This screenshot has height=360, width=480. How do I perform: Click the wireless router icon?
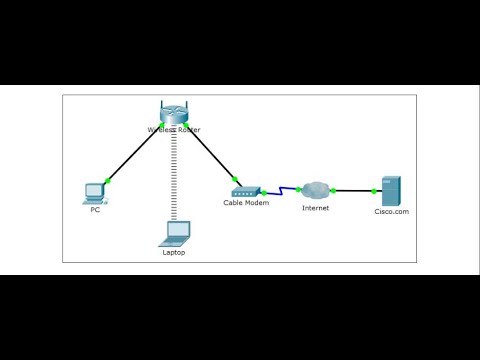173,113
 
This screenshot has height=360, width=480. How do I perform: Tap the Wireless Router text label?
173,129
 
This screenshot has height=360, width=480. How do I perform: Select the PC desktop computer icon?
95,190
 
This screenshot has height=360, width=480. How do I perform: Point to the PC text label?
95,210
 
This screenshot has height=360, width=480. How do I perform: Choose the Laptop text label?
174,252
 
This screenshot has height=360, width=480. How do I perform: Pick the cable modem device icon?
246,189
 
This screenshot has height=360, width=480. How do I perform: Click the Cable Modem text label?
246,203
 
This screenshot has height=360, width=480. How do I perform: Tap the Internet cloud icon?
316,189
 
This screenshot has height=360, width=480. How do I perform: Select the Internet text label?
316,208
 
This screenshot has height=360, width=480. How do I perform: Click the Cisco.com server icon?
390,190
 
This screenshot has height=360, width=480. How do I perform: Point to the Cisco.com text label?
391,211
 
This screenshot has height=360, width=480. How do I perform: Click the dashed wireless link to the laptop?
174,175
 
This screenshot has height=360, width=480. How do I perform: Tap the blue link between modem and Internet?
281,189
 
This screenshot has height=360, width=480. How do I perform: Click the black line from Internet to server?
353,189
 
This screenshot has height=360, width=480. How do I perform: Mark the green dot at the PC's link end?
108,179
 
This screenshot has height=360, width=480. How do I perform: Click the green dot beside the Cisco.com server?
373,189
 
